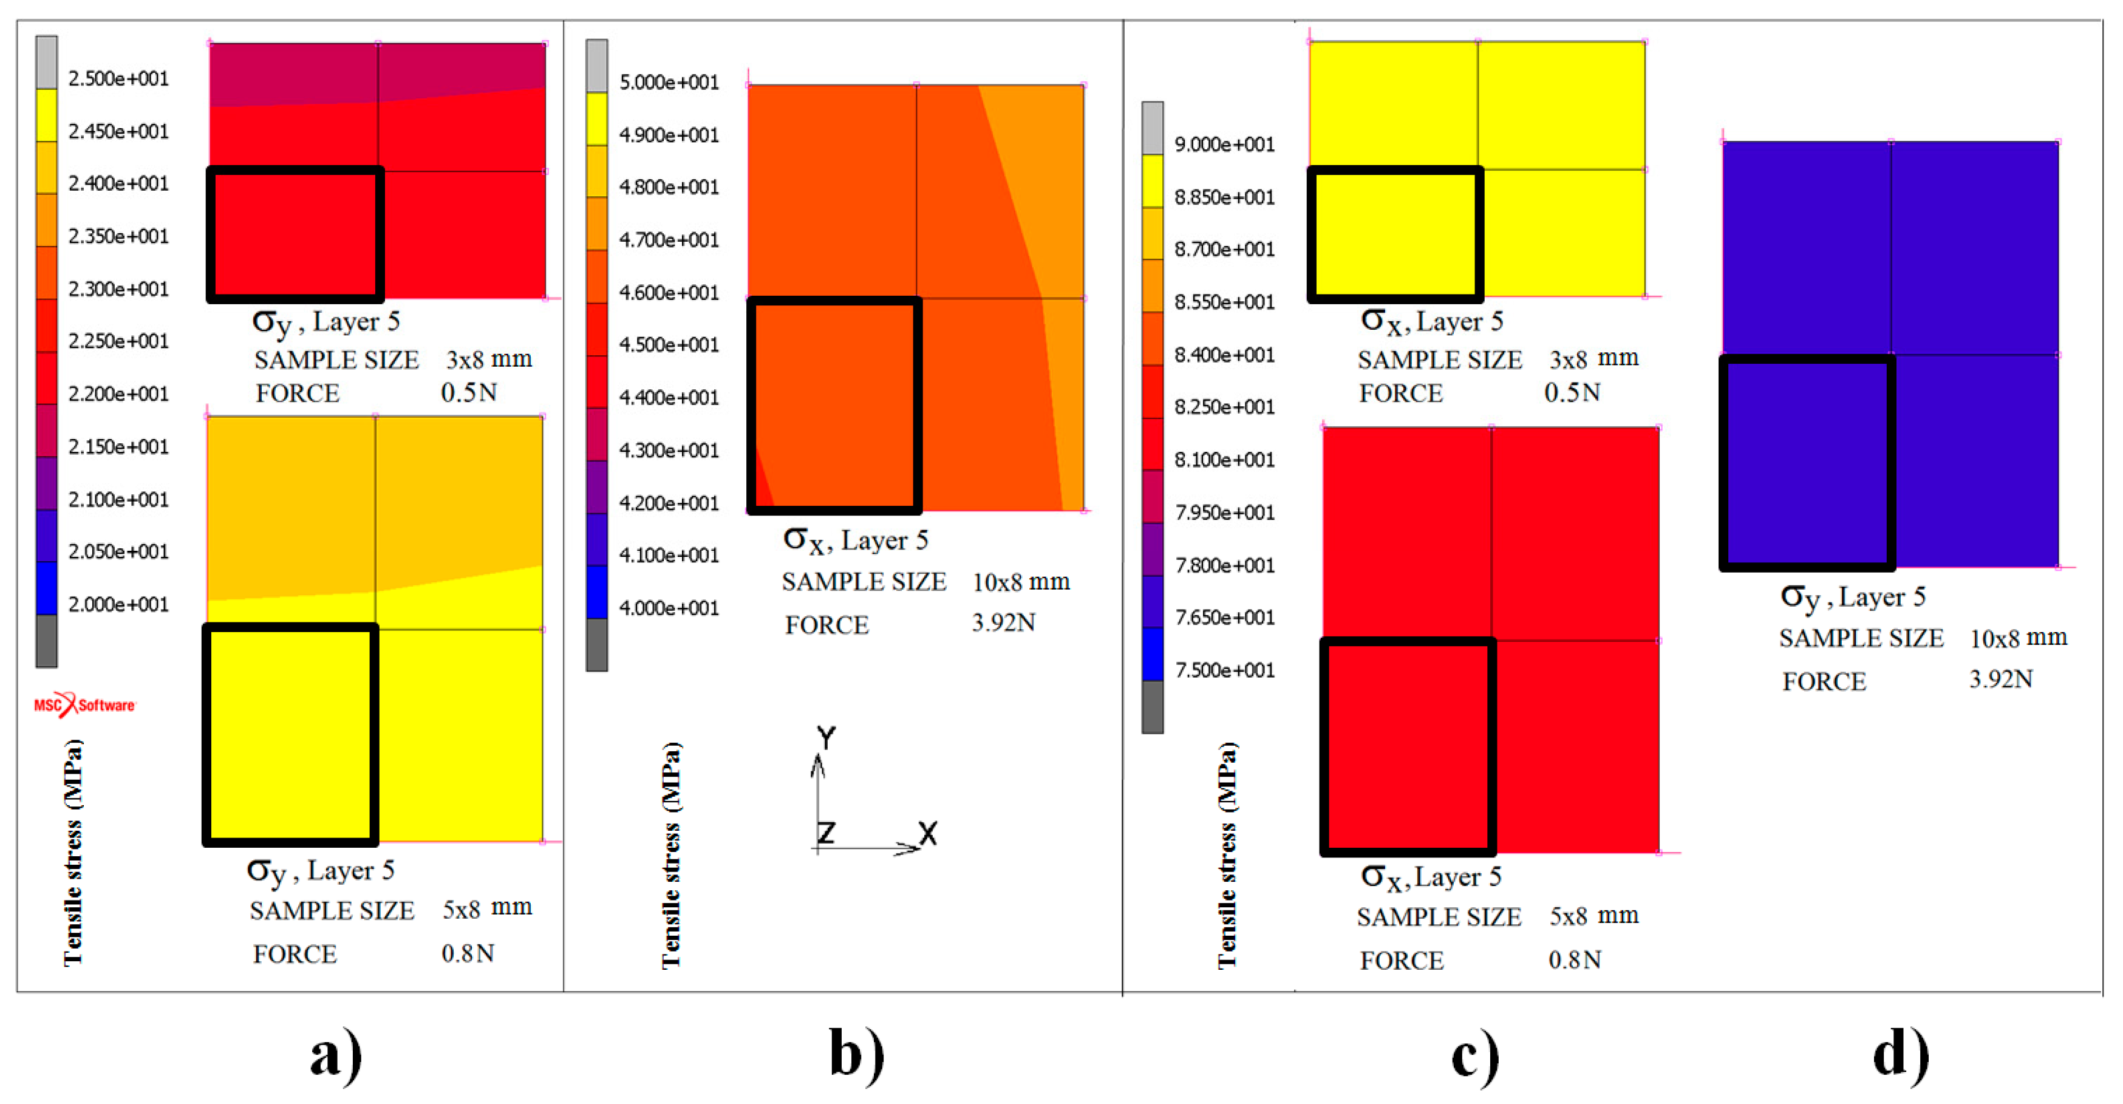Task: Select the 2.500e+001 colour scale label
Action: (x=118, y=79)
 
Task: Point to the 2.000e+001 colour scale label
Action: (x=118, y=605)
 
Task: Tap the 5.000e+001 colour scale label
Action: (x=669, y=83)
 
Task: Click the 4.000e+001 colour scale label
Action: (x=669, y=608)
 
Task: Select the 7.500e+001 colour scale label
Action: (x=1224, y=670)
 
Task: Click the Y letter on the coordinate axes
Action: (x=826, y=737)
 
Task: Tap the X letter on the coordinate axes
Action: (x=928, y=834)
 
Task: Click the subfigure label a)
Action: (x=335, y=1055)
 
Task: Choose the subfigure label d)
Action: (x=1901, y=1055)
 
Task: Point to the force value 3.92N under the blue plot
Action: (x=2000, y=679)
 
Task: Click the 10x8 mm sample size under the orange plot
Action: (x=1020, y=582)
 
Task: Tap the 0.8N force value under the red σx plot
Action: (x=1574, y=960)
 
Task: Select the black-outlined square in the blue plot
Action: (x=1807, y=463)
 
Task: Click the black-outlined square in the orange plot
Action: (x=834, y=406)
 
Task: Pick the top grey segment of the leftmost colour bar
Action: (x=46, y=62)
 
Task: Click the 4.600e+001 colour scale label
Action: (x=669, y=293)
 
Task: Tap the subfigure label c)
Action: (x=1474, y=1055)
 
